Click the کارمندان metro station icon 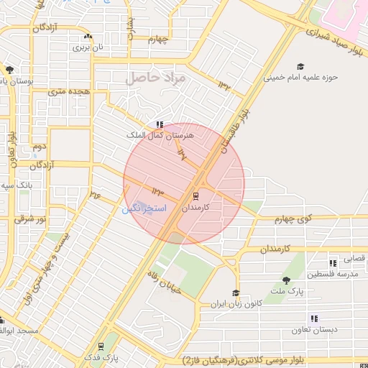coord(196,195)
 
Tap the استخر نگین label coord(144,208)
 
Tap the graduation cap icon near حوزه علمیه coord(300,67)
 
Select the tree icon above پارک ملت coord(287,280)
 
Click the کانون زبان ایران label coord(233,304)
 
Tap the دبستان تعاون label coord(310,331)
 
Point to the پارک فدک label coord(100,356)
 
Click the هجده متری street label coord(68,92)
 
